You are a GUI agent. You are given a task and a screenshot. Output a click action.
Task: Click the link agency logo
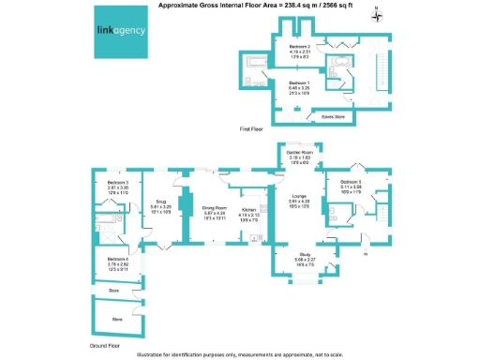coord(121,30)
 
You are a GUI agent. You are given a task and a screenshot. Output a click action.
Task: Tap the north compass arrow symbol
coord(375,13)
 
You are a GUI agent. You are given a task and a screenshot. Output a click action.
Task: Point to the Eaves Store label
coord(322,117)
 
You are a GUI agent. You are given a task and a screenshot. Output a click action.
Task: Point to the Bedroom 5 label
coord(352,181)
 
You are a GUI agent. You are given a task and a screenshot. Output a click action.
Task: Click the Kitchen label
coord(248,210)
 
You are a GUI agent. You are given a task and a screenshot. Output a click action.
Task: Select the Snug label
coord(160,201)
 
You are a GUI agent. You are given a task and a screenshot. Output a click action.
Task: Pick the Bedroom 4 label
coord(117,259)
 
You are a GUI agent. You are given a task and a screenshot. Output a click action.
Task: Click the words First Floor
coord(249,128)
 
